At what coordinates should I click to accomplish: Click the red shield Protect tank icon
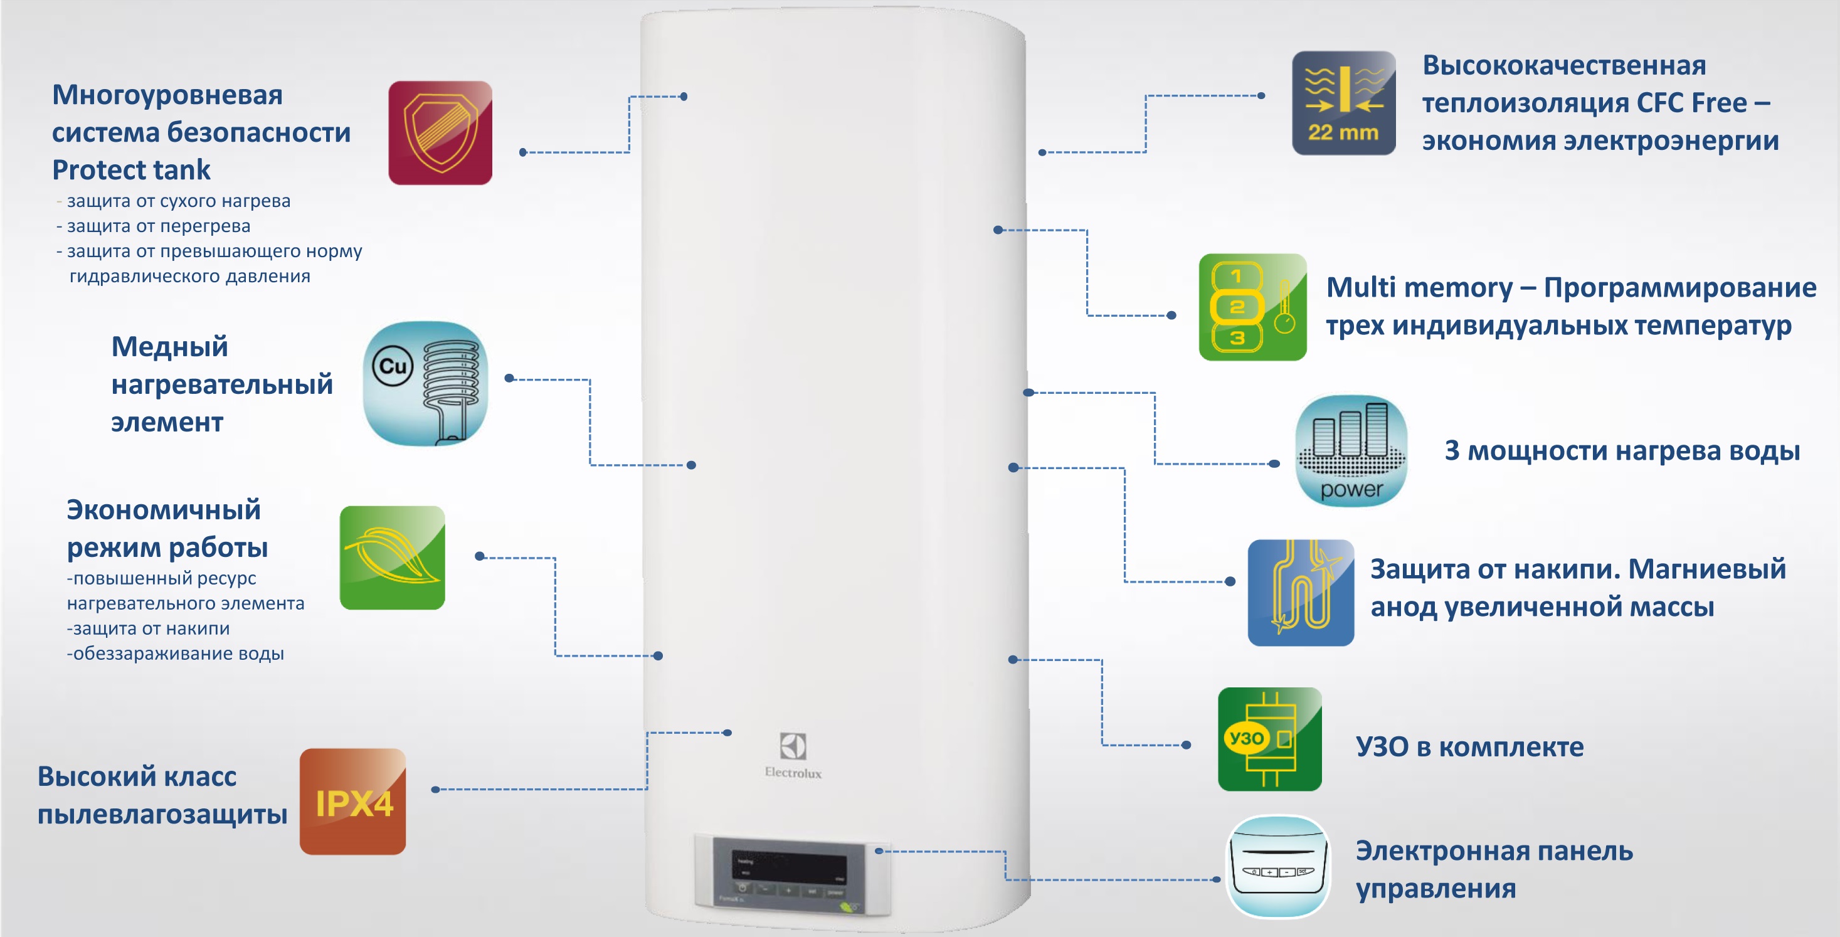(440, 133)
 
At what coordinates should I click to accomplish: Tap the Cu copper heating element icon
(426, 383)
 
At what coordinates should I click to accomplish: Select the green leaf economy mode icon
(392, 558)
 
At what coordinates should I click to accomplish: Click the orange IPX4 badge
(353, 802)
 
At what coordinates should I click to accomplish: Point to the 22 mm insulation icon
(1343, 103)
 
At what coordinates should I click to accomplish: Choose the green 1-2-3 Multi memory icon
(1252, 307)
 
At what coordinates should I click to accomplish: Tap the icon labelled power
(1351, 451)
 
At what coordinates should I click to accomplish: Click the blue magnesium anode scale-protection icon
(1301, 593)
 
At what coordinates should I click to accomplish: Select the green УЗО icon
(1269, 739)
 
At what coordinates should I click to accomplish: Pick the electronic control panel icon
(1278, 866)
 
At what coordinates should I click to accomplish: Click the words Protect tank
(132, 170)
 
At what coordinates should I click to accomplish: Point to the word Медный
(170, 346)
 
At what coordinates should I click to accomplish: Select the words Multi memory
(1419, 287)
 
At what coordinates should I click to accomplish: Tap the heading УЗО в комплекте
(1469, 747)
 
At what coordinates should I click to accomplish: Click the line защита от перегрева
(158, 226)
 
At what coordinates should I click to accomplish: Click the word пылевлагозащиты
(162, 814)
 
